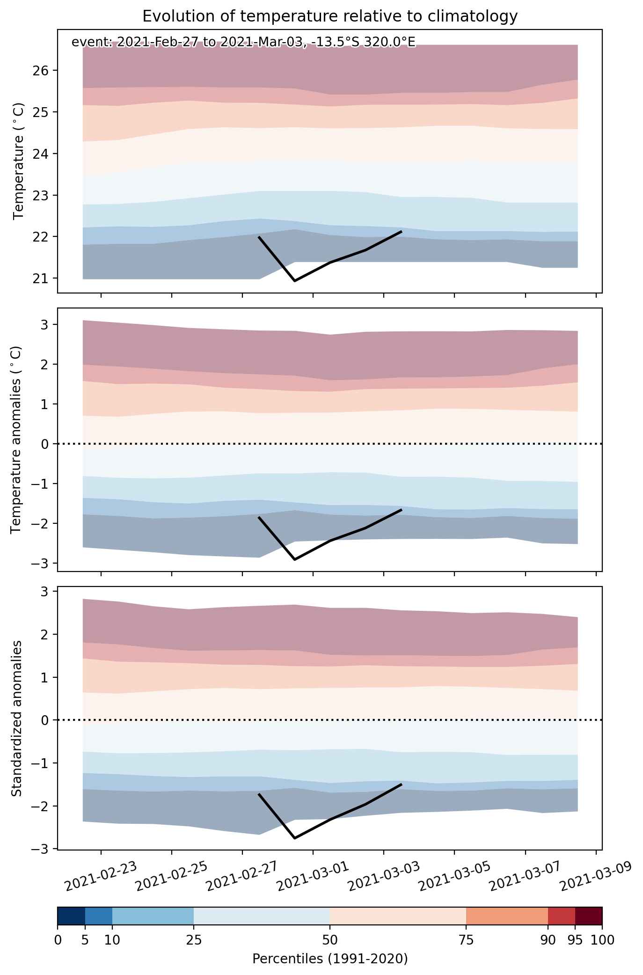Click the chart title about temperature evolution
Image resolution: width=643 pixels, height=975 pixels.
(x=330, y=16)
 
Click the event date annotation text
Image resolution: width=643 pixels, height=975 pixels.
(x=243, y=43)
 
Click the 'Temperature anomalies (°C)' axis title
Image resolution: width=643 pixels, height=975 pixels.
(x=16, y=440)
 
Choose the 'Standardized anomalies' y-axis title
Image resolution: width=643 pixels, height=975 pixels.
(x=16, y=718)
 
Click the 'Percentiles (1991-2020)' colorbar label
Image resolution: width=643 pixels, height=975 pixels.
(x=330, y=959)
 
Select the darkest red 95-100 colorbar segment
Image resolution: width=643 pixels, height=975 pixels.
(x=589, y=916)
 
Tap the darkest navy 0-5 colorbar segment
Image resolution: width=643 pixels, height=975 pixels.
(x=71, y=916)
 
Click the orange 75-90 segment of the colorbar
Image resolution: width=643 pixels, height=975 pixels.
(x=507, y=916)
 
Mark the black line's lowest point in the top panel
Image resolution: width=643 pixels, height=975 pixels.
(x=295, y=281)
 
